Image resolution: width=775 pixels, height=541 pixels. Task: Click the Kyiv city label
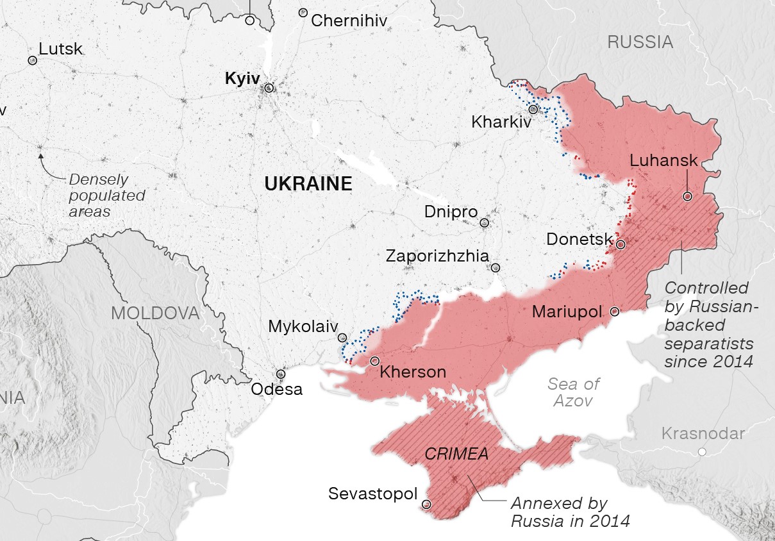[242, 79]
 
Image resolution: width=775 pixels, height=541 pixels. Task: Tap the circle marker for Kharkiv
[533, 109]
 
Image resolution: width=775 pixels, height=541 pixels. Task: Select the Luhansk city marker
[687, 197]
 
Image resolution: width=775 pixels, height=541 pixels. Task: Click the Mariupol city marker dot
[615, 312]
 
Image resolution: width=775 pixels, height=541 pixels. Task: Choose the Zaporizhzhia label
[437, 256]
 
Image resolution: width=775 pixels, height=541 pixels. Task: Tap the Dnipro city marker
[485, 223]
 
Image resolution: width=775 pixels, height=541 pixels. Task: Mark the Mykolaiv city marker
[342, 337]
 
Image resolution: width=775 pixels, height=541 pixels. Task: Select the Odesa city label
[276, 389]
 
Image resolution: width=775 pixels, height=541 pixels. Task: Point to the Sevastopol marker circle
[427, 504]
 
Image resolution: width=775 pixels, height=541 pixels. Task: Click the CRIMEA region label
[456, 454]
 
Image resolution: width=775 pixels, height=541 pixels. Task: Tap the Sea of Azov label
[574, 392]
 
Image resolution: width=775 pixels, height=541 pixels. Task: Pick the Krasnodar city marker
[702, 452]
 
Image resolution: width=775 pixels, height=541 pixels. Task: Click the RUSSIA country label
[640, 42]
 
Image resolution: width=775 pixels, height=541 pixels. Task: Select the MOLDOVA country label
[155, 313]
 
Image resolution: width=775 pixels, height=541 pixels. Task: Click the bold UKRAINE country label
[308, 185]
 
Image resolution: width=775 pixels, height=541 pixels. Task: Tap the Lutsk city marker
[32, 60]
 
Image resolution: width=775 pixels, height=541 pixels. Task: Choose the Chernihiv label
[349, 21]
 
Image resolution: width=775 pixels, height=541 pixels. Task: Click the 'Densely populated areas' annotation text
[106, 196]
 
